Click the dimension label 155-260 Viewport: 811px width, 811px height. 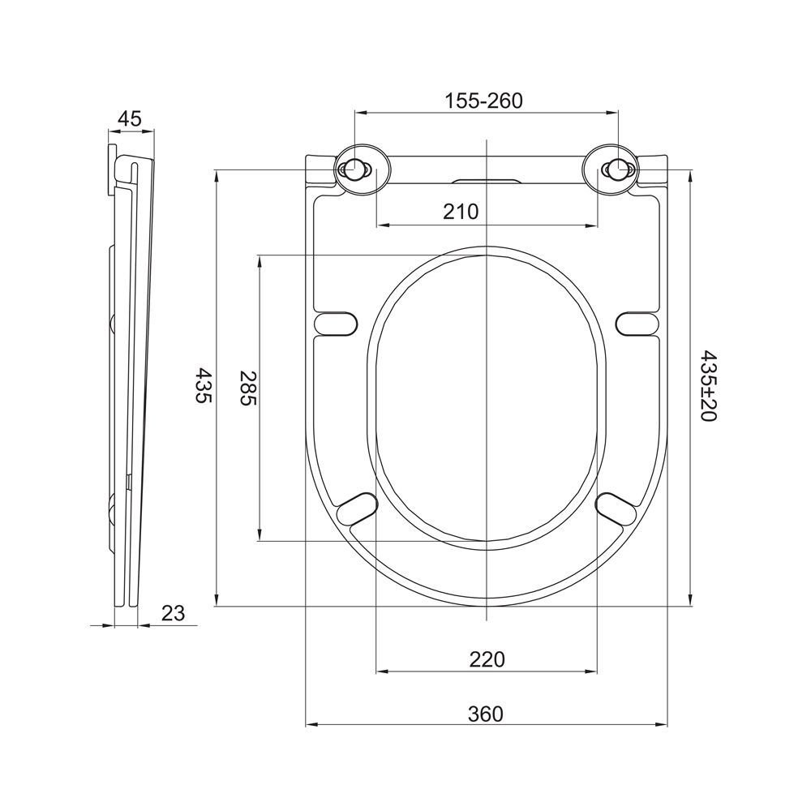point(484,101)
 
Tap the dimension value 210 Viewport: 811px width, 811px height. point(461,212)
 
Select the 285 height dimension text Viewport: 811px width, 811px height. point(248,388)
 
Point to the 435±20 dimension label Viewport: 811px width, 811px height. point(708,386)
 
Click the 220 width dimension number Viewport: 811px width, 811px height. point(487,659)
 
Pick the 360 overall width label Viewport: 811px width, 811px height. point(485,714)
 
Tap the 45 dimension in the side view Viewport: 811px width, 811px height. point(129,119)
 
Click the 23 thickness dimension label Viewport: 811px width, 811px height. point(173,613)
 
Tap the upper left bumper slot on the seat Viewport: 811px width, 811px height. point(336,323)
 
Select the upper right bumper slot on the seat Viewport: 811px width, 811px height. point(637,323)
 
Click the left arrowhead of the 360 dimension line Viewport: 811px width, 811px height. point(311,724)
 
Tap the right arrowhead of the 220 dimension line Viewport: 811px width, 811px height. point(592,672)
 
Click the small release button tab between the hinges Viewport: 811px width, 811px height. point(486,181)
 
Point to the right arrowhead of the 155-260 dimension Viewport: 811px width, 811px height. point(613,112)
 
